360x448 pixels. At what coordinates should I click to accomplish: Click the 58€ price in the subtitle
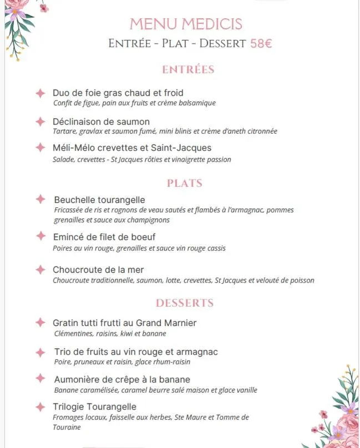click(261, 43)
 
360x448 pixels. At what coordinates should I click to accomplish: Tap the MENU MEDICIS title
click(186, 24)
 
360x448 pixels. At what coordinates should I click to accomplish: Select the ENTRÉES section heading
click(188, 70)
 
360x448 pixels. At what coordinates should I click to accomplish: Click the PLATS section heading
click(185, 183)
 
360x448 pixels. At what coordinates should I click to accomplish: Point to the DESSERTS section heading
click(185, 303)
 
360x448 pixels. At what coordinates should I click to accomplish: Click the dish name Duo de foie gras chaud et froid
click(118, 93)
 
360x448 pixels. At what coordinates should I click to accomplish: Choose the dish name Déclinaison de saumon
click(101, 121)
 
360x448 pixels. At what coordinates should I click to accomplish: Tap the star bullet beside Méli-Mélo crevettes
click(40, 147)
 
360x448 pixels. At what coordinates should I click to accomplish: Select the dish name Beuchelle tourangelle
click(99, 200)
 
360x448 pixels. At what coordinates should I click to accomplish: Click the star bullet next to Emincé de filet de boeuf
click(40, 236)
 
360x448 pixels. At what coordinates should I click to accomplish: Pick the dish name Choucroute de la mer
click(98, 269)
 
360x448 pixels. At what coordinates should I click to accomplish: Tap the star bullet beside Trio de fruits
click(40, 352)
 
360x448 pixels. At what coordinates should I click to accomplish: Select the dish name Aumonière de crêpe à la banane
click(122, 379)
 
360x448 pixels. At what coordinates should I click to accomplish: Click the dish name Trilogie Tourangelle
click(95, 407)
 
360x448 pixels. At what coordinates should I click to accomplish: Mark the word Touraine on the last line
click(67, 427)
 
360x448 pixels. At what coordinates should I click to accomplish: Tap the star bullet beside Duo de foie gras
click(40, 93)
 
